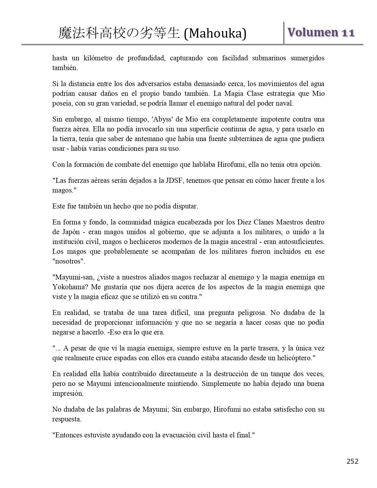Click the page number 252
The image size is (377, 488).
[352, 461]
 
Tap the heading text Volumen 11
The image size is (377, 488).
[321, 33]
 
